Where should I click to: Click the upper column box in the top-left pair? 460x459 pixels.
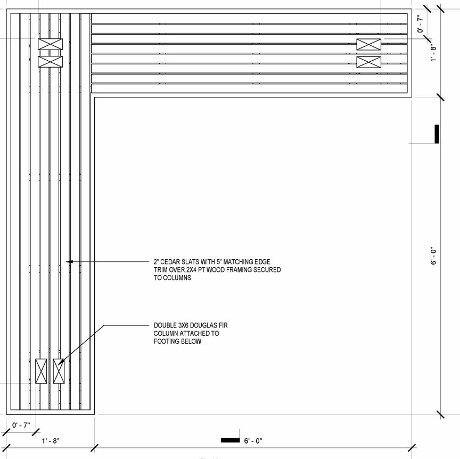pos(50,44)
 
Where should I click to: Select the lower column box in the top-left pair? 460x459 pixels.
pos(50,62)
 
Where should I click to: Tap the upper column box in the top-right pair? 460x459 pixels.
pos(368,45)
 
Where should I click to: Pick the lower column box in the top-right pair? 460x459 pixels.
pos(368,62)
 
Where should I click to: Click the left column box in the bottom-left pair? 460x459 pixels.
pos(41,371)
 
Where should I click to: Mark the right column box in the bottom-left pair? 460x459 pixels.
pos(59,371)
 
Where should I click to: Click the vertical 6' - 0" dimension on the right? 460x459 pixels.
pos(433,256)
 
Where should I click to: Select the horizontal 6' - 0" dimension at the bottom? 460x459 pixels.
pos(253,441)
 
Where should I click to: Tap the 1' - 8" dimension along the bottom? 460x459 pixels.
pos(51,441)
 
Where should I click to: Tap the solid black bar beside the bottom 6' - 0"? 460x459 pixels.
pos(230,440)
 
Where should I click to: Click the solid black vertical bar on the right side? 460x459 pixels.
pos(437,134)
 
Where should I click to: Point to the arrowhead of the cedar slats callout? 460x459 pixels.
pos(67,261)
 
